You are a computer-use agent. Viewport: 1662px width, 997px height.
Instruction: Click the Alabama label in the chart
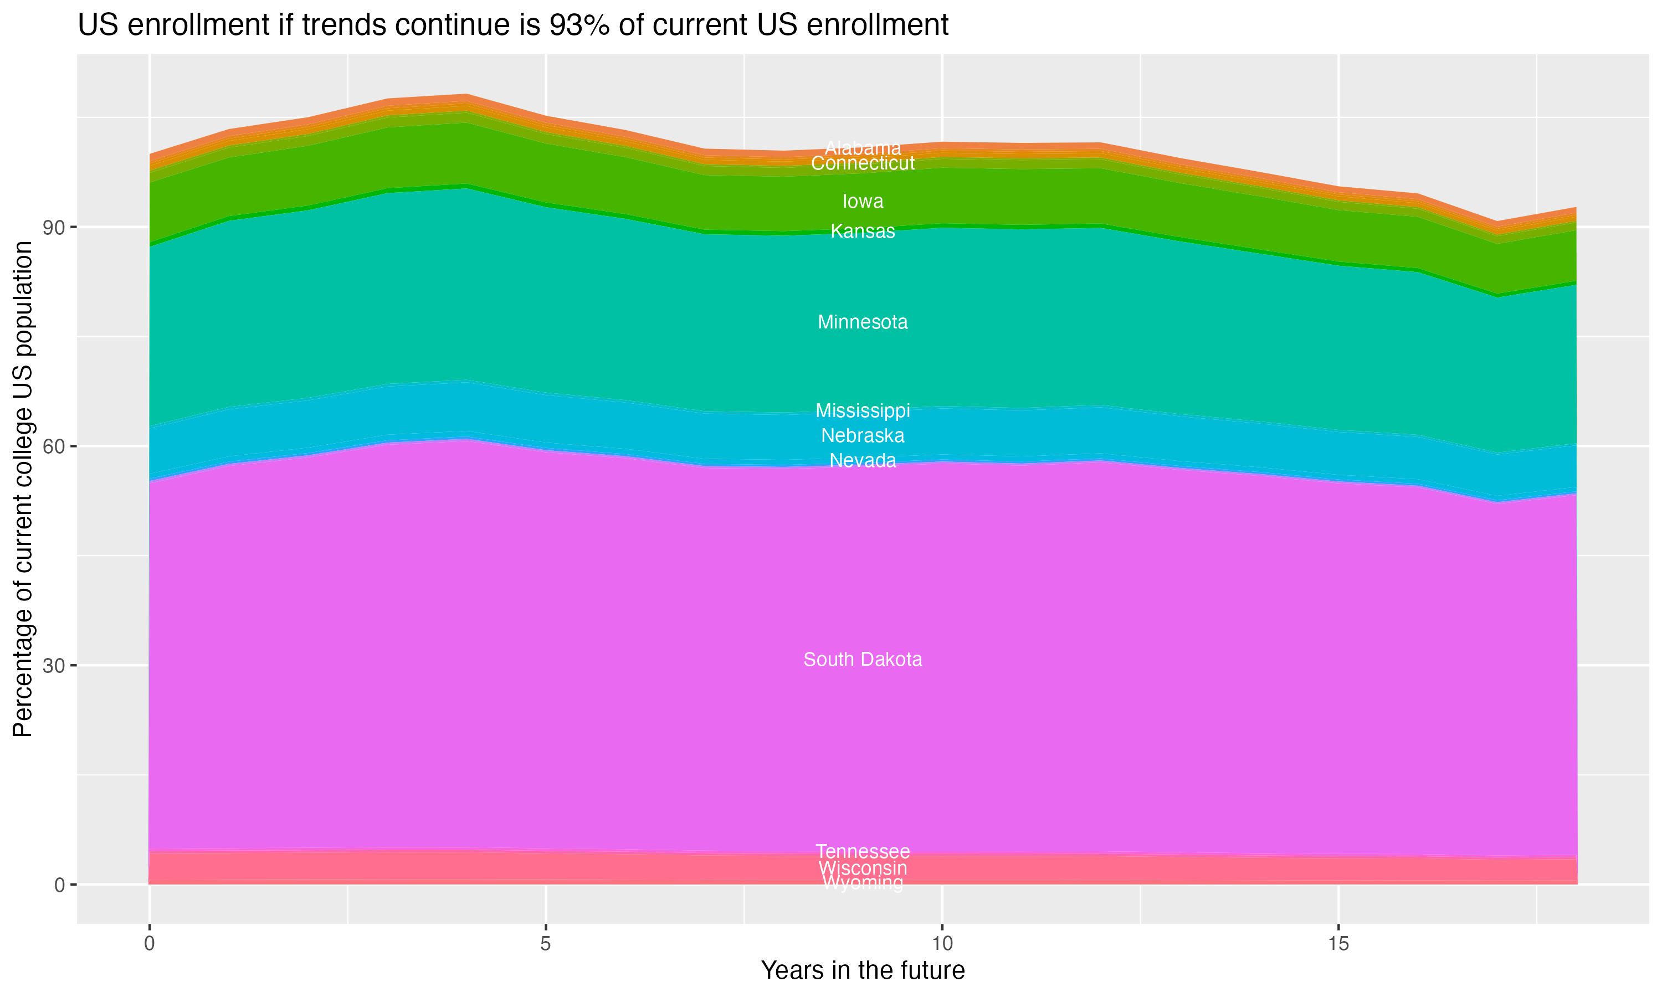click(863, 148)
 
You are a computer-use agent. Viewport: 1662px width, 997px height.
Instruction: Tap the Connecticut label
click(863, 163)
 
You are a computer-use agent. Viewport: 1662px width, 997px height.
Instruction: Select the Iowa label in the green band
click(863, 202)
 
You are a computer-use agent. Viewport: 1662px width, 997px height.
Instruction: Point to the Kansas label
click(863, 231)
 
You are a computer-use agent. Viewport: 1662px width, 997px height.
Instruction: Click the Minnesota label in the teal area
click(863, 322)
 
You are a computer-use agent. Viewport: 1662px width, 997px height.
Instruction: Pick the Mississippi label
click(863, 410)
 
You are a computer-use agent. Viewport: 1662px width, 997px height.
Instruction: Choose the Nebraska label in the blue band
click(863, 436)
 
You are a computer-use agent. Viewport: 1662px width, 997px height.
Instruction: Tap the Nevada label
click(863, 461)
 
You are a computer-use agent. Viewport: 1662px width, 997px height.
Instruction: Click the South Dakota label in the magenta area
click(863, 660)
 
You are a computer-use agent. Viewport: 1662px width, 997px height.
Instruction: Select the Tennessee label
click(863, 851)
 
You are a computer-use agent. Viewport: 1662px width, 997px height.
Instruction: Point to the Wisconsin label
click(863, 868)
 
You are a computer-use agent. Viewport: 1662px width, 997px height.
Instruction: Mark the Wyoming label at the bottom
click(863, 883)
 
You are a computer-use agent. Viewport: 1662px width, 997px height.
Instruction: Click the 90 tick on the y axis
click(54, 228)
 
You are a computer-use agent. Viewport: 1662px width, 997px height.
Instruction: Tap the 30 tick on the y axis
click(54, 666)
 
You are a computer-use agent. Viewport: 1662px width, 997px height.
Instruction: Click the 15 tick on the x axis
click(1338, 944)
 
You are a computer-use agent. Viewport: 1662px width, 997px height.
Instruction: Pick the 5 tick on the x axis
click(546, 944)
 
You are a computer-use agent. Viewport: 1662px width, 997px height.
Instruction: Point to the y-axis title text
click(23, 489)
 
